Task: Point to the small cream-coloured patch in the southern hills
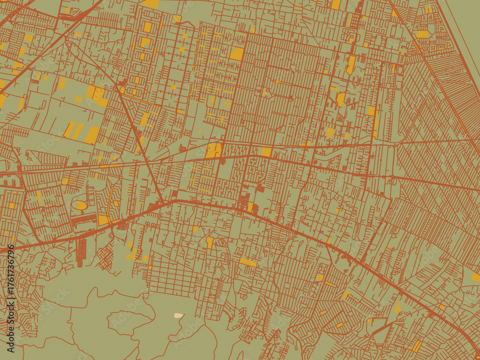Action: (x=179, y=315)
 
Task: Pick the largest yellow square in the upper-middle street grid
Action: (x=237, y=54)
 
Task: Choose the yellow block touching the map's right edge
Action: (x=476, y=277)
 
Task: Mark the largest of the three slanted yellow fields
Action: (x=92, y=135)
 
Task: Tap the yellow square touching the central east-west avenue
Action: (x=266, y=152)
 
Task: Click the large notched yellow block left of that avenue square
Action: (x=214, y=150)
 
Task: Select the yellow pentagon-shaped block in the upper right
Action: (x=340, y=99)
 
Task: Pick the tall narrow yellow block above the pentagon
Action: (x=351, y=65)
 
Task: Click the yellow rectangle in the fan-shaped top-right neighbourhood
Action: (x=422, y=35)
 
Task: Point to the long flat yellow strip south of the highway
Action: (x=248, y=263)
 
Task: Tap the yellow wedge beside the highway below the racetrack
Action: (x=103, y=220)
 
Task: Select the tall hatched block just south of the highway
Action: (x=82, y=252)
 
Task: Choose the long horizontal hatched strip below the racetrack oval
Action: (x=84, y=220)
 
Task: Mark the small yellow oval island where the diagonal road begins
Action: (x=122, y=89)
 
